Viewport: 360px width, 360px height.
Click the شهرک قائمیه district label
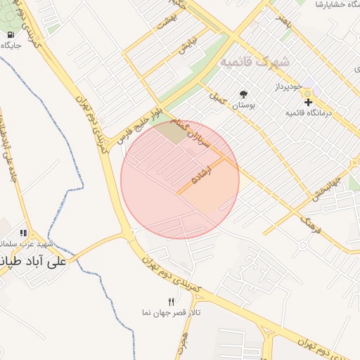(x=255, y=62)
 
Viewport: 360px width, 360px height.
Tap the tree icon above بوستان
(x=244, y=94)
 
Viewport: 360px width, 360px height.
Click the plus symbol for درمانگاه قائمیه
(x=307, y=102)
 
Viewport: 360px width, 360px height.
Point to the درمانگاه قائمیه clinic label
(x=308, y=112)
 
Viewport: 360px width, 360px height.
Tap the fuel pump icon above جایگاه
(x=11, y=34)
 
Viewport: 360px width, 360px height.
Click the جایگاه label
(x=11, y=45)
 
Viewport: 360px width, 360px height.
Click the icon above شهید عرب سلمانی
(x=23, y=233)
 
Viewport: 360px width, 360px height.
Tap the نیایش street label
(x=186, y=48)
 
